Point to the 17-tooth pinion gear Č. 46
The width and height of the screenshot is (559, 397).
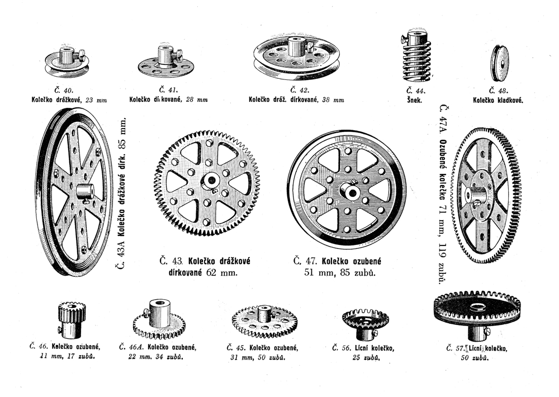[69, 320]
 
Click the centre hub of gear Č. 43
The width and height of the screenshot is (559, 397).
[210, 180]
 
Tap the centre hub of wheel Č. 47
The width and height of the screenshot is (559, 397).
[352, 191]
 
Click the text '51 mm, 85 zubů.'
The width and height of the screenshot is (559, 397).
[335, 273]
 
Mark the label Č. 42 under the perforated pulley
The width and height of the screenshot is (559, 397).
[296, 89]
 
